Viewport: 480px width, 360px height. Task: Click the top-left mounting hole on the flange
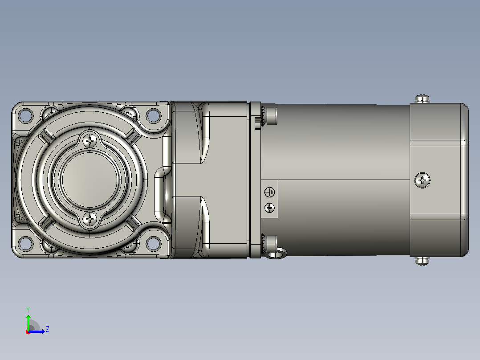coord(26,115)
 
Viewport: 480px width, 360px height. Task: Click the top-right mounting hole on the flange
coord(153,115)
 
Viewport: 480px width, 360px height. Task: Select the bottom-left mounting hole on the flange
coord(26,244)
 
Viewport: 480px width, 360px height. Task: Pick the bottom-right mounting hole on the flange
coord(153,244)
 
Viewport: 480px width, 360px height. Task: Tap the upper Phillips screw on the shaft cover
coord(89,141)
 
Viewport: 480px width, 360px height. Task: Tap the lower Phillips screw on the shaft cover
coord(89,219)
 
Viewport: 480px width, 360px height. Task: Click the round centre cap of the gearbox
coord(89,180)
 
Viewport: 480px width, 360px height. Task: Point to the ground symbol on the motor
coord(269,192)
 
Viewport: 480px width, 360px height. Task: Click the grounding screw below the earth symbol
coord(269,208)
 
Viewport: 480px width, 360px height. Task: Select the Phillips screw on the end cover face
coord(422,180)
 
